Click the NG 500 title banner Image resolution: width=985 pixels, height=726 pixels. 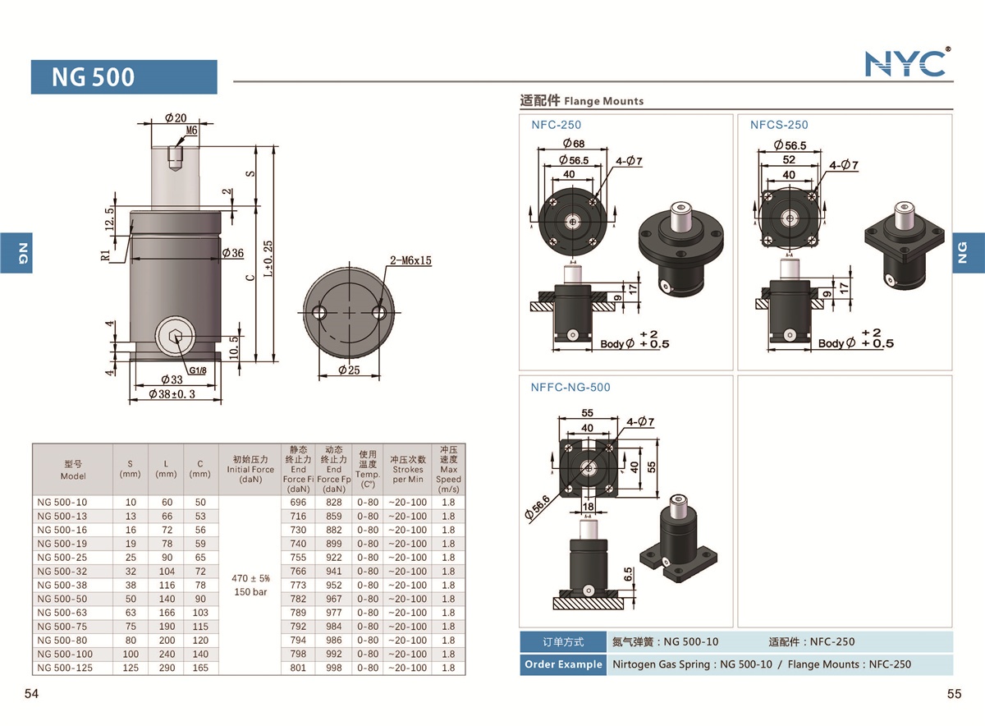click(x=124, y=77)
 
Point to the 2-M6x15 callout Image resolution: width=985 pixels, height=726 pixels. click(x=411, y=261)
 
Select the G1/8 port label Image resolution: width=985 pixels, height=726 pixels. click(x=198, y=370)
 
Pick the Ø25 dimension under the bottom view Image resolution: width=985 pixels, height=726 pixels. click(x=350, y=370)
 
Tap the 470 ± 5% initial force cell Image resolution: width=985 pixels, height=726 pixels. click(x=250, y=578)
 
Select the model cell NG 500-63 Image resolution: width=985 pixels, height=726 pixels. click(x=62, y=613)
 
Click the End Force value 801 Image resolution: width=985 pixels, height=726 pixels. click(x=298, y=668)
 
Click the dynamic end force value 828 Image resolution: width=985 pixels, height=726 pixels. click(x=333, y=502)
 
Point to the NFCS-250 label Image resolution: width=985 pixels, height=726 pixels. click(x=778, y=125)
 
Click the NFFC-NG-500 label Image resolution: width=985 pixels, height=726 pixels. click(x=570, y=388)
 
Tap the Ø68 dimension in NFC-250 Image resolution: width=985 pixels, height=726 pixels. click(x=573, y=145)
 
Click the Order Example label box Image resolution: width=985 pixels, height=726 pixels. click(x=563, y=664)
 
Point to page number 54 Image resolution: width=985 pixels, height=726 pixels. click(x=32, y=694)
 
